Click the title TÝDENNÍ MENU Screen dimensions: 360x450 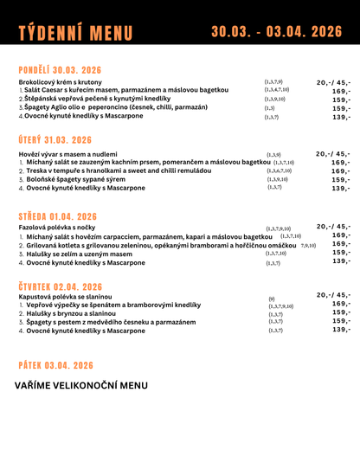point(74,33)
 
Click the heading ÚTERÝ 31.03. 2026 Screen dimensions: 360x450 point(55,140)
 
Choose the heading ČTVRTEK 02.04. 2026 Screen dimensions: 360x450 point(60,286)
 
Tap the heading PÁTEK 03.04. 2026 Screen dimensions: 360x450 point(54,366)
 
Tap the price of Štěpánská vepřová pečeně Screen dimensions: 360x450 point(340,100)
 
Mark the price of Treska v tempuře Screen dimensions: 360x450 point(340,171)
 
